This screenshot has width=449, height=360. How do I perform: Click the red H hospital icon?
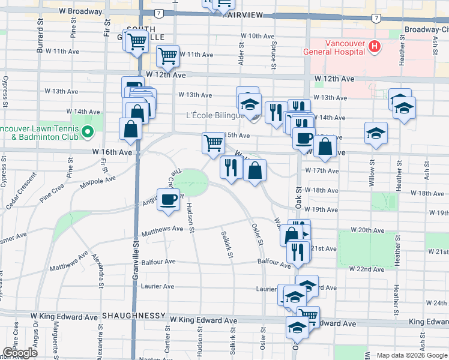tap(375, 46)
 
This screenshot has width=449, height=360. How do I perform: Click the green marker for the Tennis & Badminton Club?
tap(88, 131)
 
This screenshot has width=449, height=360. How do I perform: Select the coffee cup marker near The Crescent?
tap(168, 200)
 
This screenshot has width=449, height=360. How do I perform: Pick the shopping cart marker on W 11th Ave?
tap(167, 56)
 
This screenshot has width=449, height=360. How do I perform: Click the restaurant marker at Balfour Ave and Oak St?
tap(298, 251)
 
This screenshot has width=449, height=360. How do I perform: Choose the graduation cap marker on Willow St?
tap(376, 133)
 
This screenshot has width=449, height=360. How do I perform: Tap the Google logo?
tap(20, 352)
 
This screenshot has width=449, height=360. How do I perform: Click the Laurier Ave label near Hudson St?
tap(158, 287)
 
